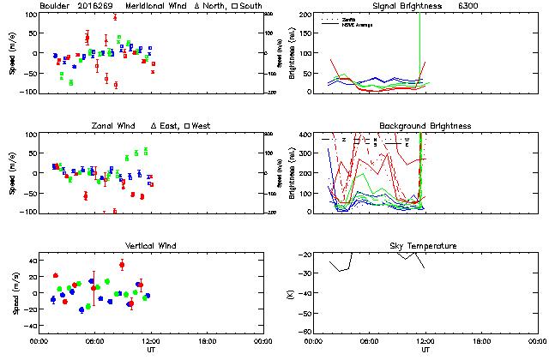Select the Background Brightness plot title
[425, 126]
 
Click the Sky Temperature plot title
[425, 246]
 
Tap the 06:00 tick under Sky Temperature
[370, 341]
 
